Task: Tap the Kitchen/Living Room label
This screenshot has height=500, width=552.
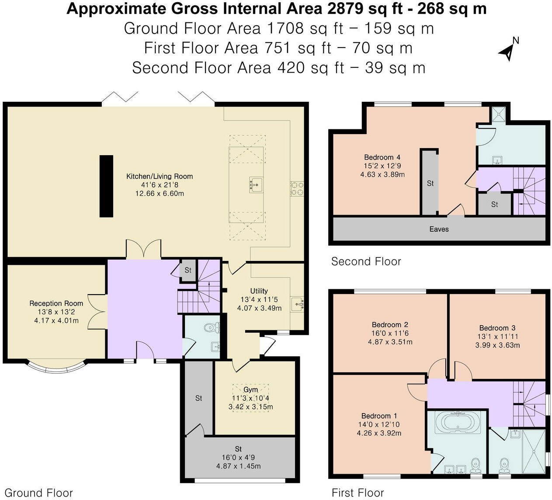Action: [x=160, y=177]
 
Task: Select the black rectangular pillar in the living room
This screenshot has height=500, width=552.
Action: [x=106, y=186]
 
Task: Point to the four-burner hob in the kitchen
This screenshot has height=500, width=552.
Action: [x=297, y=188]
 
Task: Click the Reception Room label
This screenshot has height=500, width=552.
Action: [x=56, y=303]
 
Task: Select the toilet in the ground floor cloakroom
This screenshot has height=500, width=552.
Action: [x=213, y=327]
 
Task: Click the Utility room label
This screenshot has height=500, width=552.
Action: [x=259, y=291]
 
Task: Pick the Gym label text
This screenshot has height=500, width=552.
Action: [x=250, y=389]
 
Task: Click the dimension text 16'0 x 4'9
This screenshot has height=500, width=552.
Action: [x=238, y=458]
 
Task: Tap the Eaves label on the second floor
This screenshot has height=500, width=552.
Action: [x=439, y=229]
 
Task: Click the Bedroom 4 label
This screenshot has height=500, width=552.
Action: [x=382, y=157]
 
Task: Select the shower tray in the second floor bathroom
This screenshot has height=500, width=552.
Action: [x=498, y=115]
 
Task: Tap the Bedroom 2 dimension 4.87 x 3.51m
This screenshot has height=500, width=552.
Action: [x=390, y=342]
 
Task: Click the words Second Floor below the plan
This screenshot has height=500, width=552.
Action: [x=366, y=261]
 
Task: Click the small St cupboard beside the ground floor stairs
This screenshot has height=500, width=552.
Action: [x=188, y=270]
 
